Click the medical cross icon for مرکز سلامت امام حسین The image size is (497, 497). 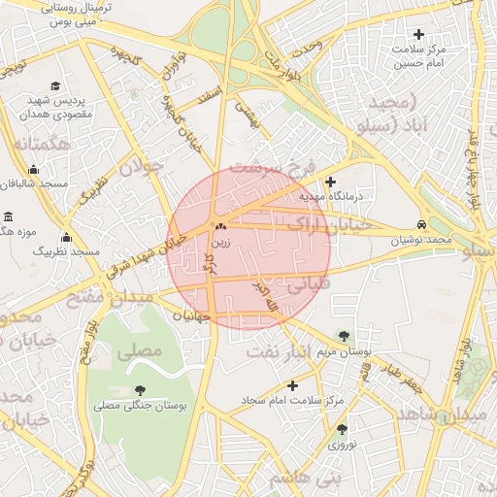coord(418,34)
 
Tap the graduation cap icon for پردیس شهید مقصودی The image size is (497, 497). coord(55,86)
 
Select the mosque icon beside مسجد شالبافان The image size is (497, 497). coord(34,169)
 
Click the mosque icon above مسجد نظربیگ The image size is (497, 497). coord(66,237)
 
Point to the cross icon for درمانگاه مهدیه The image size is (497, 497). coord(331,182)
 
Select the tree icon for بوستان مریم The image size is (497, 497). coord(341,335)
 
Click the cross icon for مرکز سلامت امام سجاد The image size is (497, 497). coord(292,385)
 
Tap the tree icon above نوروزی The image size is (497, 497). coord(342,428)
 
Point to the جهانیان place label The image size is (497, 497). coord(191,316)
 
